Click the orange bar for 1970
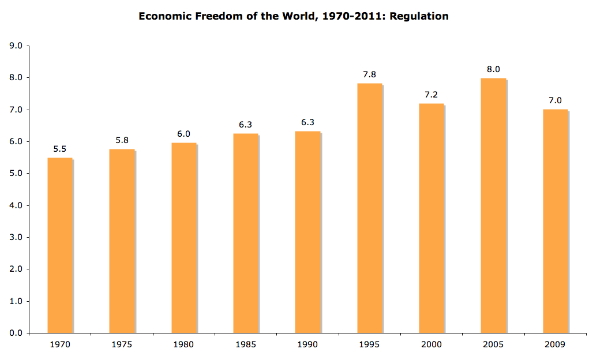coord(60,245)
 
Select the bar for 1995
coord(370,208)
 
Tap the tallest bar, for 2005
coord(493,205)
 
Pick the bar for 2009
coord(555,221)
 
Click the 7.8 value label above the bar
coord(370,74)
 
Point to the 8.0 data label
coord(493,69)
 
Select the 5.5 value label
coord(60,149)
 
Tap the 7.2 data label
coord(432,95)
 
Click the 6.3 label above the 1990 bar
coord(307,122)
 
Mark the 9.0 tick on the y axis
coord(16,46)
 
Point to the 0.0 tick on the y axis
coord(16,333)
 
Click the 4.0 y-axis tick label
coord(16,205)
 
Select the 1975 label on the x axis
coord(122,344)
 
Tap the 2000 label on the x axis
coord(432,344)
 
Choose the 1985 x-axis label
coord(246,344)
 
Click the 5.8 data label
coord(122,140)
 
